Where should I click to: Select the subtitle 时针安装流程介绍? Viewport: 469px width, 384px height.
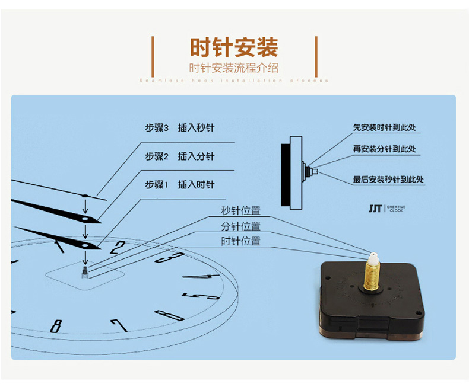tap(234, 68)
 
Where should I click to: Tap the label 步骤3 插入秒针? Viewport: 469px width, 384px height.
tap(179, 128)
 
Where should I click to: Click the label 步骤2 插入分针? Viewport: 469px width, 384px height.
tap(179, 156)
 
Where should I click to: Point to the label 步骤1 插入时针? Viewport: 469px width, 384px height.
tap(179, 185)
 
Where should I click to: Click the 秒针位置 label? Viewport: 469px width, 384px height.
tap(240, 211)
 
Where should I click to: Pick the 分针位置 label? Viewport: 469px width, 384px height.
tap(240, 226)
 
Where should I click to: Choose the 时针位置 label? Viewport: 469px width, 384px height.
tap(240, 241)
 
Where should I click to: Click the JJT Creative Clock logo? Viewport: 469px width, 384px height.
tap(386, 208)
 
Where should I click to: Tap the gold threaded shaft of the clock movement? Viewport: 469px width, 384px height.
tap(372, 278)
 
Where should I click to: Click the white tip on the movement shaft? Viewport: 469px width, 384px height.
tap(372, 258)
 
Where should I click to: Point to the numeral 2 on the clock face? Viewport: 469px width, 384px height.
tap(119, 247)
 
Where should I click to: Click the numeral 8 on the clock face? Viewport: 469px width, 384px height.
tap(56, 326)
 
